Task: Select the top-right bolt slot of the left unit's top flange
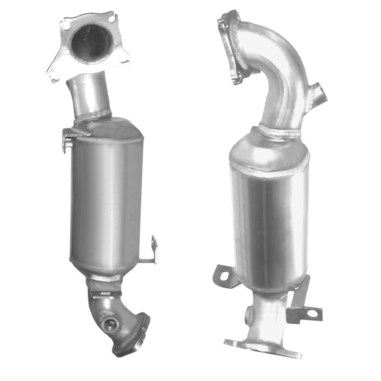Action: click(110, 19)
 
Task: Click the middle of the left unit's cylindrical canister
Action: click(106, 196)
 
